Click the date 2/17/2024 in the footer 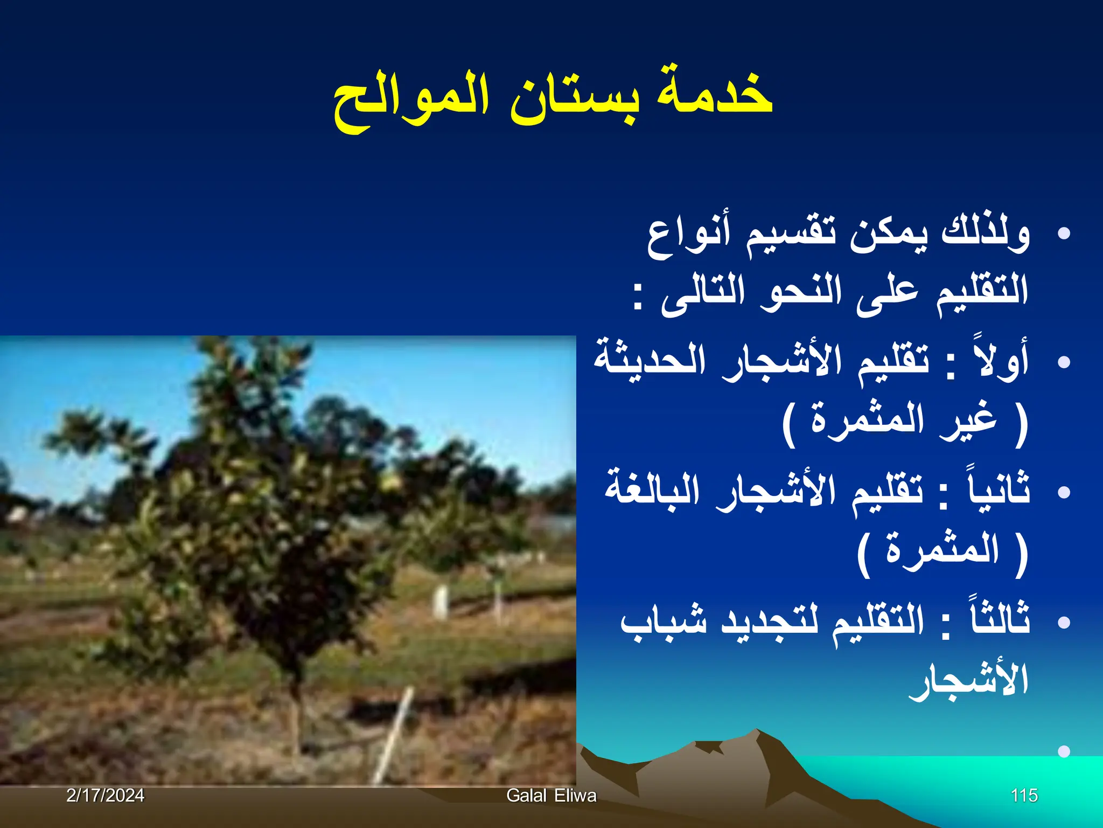click(105, 795)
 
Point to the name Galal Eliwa click(551, 795)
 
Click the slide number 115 click(1024, 795)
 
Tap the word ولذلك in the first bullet click(985, 234)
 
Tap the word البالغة click(652, 488)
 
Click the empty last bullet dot click(1063, 751)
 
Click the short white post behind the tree click(440, 601)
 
